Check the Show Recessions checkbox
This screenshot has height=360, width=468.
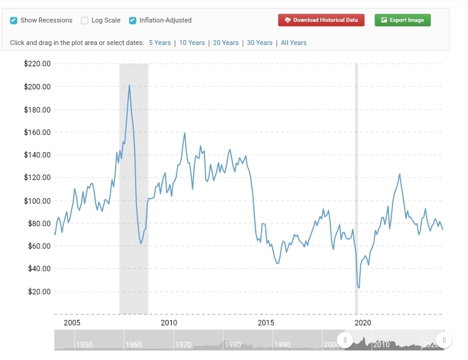coord(13,20)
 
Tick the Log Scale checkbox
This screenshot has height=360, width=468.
coord(85,20)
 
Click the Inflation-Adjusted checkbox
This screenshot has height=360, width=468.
coord(133,20)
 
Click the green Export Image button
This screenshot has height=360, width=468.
coord(402,20)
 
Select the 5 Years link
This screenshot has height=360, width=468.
coord(159,43)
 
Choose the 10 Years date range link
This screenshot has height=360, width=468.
coord(192,43)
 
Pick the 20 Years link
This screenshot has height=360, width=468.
coord(226,43)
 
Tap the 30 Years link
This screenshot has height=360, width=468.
coord(259,43)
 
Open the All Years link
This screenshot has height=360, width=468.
coord(293,43)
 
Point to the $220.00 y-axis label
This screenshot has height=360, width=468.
coord(37,63)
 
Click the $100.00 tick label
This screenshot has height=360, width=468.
coord(37,200)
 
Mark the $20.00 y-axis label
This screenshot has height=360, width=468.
coord(38,291)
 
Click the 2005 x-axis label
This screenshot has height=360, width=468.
coord(72,322)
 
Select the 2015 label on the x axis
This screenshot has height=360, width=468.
coord(265,322)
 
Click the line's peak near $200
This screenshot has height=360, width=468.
coord(129,85)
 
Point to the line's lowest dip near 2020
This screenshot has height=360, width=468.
coord(359,288)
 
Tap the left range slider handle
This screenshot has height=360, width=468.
coord(344,340)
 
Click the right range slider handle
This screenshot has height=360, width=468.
coord(444,340)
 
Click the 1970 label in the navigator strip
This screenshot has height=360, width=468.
coord(183,345)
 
